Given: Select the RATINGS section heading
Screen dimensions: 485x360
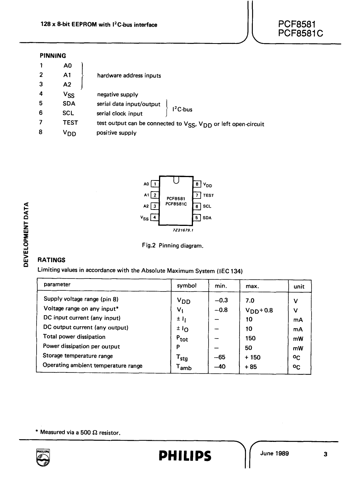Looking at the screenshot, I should [x=51, y=260].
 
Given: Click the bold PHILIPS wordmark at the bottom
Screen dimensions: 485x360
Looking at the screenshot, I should [x=185, y=456].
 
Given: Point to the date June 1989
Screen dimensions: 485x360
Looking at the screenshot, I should [x=275, y=453].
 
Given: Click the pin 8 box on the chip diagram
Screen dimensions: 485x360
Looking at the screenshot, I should [x=197, y=184].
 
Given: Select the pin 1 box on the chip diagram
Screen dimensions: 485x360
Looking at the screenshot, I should [x=155, y=184].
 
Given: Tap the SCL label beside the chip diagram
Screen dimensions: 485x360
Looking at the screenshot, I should [x=207, y=206].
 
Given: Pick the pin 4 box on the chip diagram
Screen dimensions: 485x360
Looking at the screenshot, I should [x=155, y=218].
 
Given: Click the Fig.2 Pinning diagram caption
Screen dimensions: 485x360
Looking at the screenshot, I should [x=172, y=246].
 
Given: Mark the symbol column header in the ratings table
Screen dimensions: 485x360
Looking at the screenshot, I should [x=187, y=285].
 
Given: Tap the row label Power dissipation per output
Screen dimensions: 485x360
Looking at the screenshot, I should [x=81, y=346].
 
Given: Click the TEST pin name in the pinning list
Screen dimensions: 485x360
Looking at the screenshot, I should [x=70, y=123].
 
